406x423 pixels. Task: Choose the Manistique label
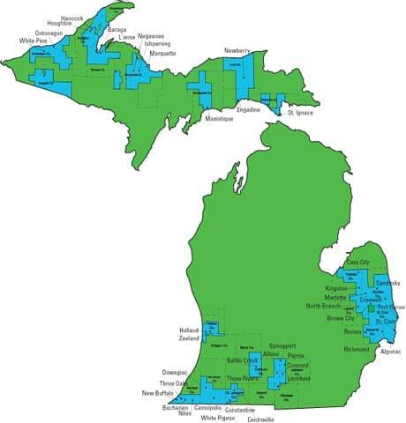click(x=219, y=117)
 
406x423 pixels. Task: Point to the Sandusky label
click(x=388, y=282)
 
